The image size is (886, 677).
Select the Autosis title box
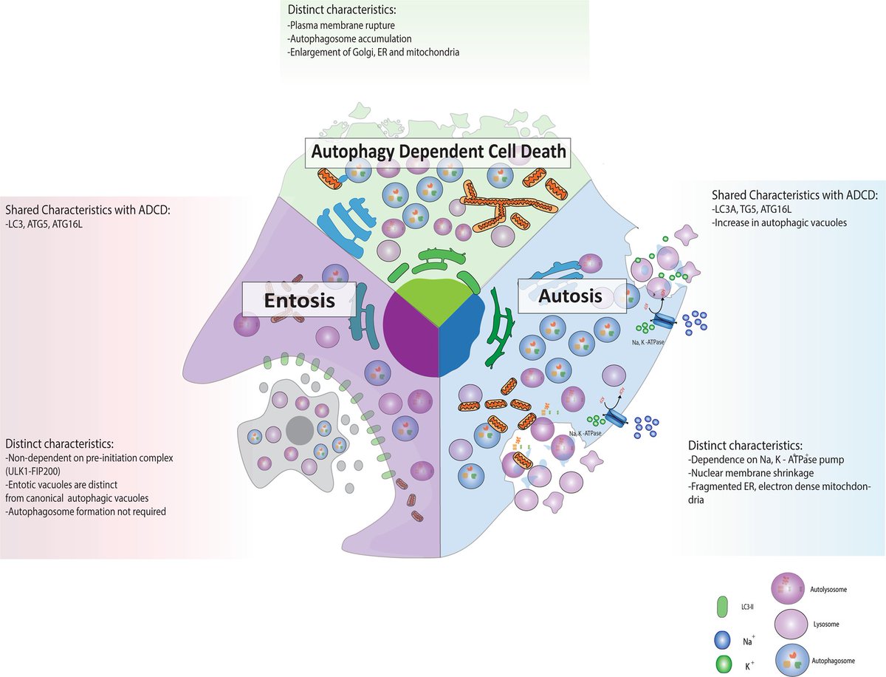571,296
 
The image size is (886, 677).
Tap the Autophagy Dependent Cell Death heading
439,152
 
